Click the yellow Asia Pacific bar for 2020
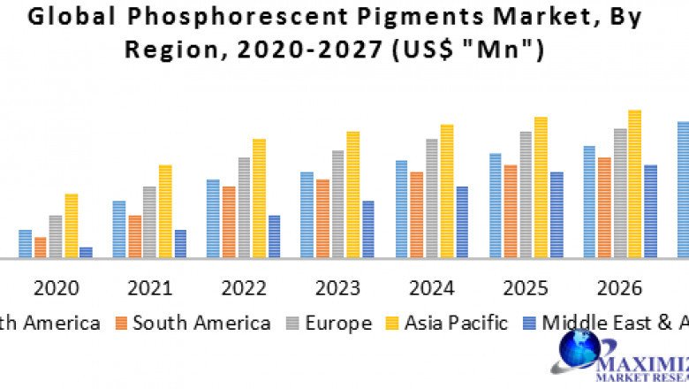tap(72, 226)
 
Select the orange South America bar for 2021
tap(135, 237)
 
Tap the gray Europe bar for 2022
tap(244, 208)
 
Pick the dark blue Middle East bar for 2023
tap(367, 230)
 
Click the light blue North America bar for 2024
tap(402, 210)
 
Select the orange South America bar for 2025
tap(511, 211)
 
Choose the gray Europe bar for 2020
tap(56, 237)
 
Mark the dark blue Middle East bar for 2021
tap(180, 244)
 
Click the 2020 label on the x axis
tap(57, 288)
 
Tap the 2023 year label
tap(337, 288)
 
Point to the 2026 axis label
tap(618, 288)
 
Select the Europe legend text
tap(338, 323)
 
